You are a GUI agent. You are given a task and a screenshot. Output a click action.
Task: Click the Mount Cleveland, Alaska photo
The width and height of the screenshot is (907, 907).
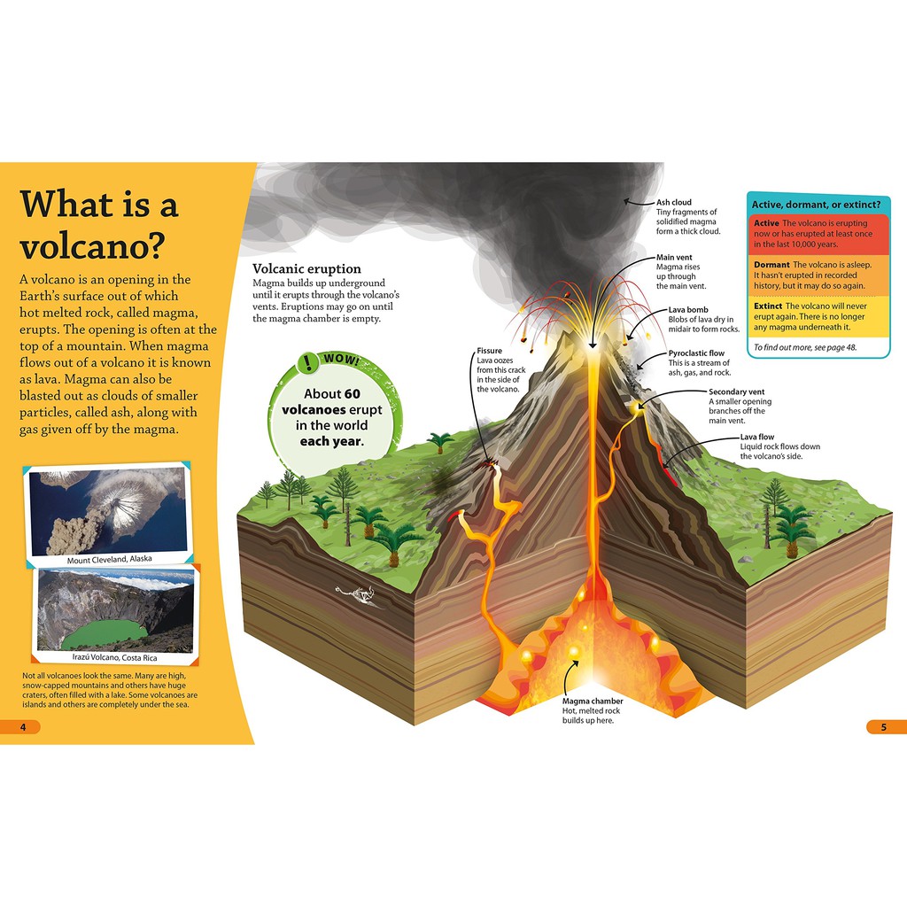tap(107, 511)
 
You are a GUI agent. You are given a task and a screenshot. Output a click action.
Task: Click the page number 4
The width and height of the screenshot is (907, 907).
tap(24, 727)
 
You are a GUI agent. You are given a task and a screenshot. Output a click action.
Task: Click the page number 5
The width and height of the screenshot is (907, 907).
tap(883, 727)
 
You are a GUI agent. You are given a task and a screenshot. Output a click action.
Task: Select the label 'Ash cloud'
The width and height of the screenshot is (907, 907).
tap(674, 202)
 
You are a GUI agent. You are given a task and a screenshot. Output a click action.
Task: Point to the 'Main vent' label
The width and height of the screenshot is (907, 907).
tap(674, 257)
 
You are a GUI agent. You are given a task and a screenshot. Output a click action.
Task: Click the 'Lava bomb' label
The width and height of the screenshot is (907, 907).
tap(687, 310)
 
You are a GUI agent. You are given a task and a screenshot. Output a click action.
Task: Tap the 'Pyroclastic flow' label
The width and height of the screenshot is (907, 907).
tap(696, 353)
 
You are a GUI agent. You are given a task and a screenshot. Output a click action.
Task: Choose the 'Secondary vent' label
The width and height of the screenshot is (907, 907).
tap(736, 391)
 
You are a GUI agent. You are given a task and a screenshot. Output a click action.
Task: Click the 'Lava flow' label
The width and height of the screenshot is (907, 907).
tap(757, 437)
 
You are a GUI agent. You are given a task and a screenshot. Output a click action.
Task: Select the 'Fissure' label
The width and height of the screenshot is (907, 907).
tap(489, 350)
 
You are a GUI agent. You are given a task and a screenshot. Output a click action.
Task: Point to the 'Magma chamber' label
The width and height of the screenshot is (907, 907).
tap(593, 701)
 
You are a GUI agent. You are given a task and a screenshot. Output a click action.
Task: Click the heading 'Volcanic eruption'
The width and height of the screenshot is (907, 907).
tap(306, 268)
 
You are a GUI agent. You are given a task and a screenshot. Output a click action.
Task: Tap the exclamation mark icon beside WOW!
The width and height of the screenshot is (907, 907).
tap(308, 361)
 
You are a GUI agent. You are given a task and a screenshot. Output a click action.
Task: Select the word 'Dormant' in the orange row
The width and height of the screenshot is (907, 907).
tap(771, 265)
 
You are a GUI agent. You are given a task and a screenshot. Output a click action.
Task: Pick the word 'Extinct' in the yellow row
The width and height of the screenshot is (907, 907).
tap(768, 306)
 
